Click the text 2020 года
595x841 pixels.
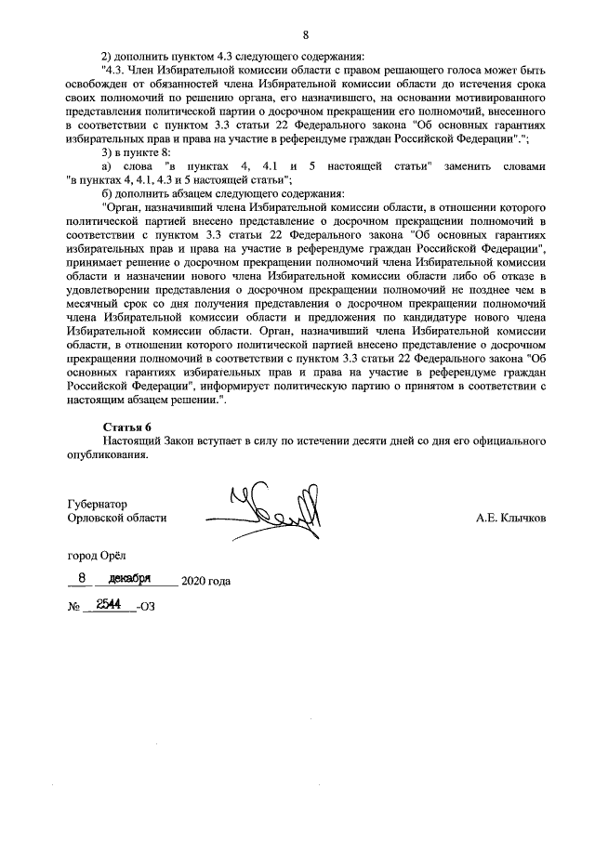(x=205, y=582)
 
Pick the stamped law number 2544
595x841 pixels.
(x=110, y=605)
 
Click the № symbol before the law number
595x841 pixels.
(x=74, y=609)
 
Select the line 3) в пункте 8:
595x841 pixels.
(x=136, y=151)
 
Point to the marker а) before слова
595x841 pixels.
(x=108, y=165)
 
